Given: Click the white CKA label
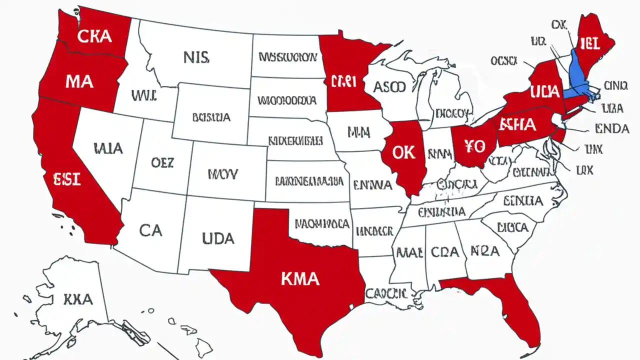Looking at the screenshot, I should tap(94, 36).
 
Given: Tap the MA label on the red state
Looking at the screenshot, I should tap(79, 80).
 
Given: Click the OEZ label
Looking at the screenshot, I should tap(162, 162).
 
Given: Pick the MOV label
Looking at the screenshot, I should tap(223, 174).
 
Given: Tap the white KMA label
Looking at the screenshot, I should tap(300, 278).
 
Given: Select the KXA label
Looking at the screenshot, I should tap(78, 299).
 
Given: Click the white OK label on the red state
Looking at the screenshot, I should tap(403, 152).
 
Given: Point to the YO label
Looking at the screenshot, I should tap(474, 146).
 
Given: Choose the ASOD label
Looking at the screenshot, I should tap(389, 87).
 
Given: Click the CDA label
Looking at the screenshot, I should tap(444, 251).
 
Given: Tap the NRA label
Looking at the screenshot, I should tap(484, 250).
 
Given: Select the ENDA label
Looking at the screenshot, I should tap(612, 129).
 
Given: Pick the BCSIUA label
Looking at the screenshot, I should tap(211, 118).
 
